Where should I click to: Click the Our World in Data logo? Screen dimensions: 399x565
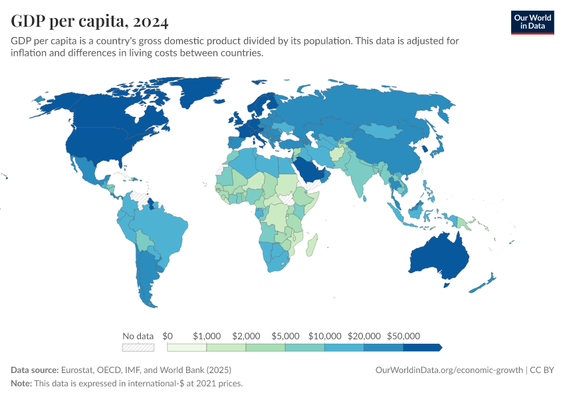coord(532,22)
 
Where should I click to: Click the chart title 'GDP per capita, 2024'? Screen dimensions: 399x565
coord(90,21)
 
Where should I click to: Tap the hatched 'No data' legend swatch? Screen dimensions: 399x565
coord(138,347)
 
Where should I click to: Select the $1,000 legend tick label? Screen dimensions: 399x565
coord(206,336)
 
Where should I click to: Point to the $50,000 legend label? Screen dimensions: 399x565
coord(403,336)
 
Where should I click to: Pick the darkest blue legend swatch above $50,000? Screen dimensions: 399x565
coord(421,347)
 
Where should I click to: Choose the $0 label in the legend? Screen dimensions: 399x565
coord(168,336)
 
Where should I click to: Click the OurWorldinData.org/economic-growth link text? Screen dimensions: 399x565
coord(449,370)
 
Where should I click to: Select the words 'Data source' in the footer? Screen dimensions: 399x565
coord(35,370)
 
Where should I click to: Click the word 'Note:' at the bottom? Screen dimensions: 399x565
coord(23,384)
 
